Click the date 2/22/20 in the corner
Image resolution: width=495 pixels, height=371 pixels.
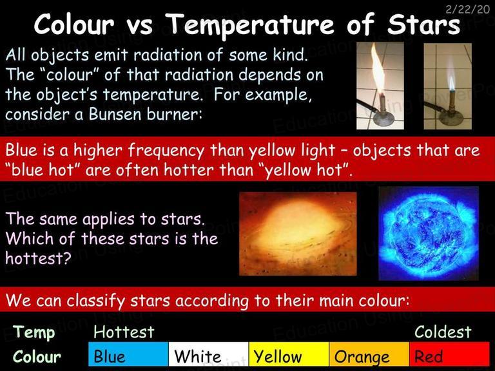click(467, 9)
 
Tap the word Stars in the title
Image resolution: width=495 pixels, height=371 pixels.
click(424, 24)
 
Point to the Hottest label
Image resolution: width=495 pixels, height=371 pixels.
click(124, 332)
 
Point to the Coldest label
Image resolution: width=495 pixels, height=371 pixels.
click(443, 332)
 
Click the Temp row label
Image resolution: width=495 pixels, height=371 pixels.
click(34, 333)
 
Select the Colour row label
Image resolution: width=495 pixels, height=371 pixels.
click(37, 357)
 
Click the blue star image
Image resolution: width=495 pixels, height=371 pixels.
click(429, 233)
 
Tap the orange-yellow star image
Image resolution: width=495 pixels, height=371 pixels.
click(298, 234)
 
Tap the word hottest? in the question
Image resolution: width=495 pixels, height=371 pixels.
click(38, 259)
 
